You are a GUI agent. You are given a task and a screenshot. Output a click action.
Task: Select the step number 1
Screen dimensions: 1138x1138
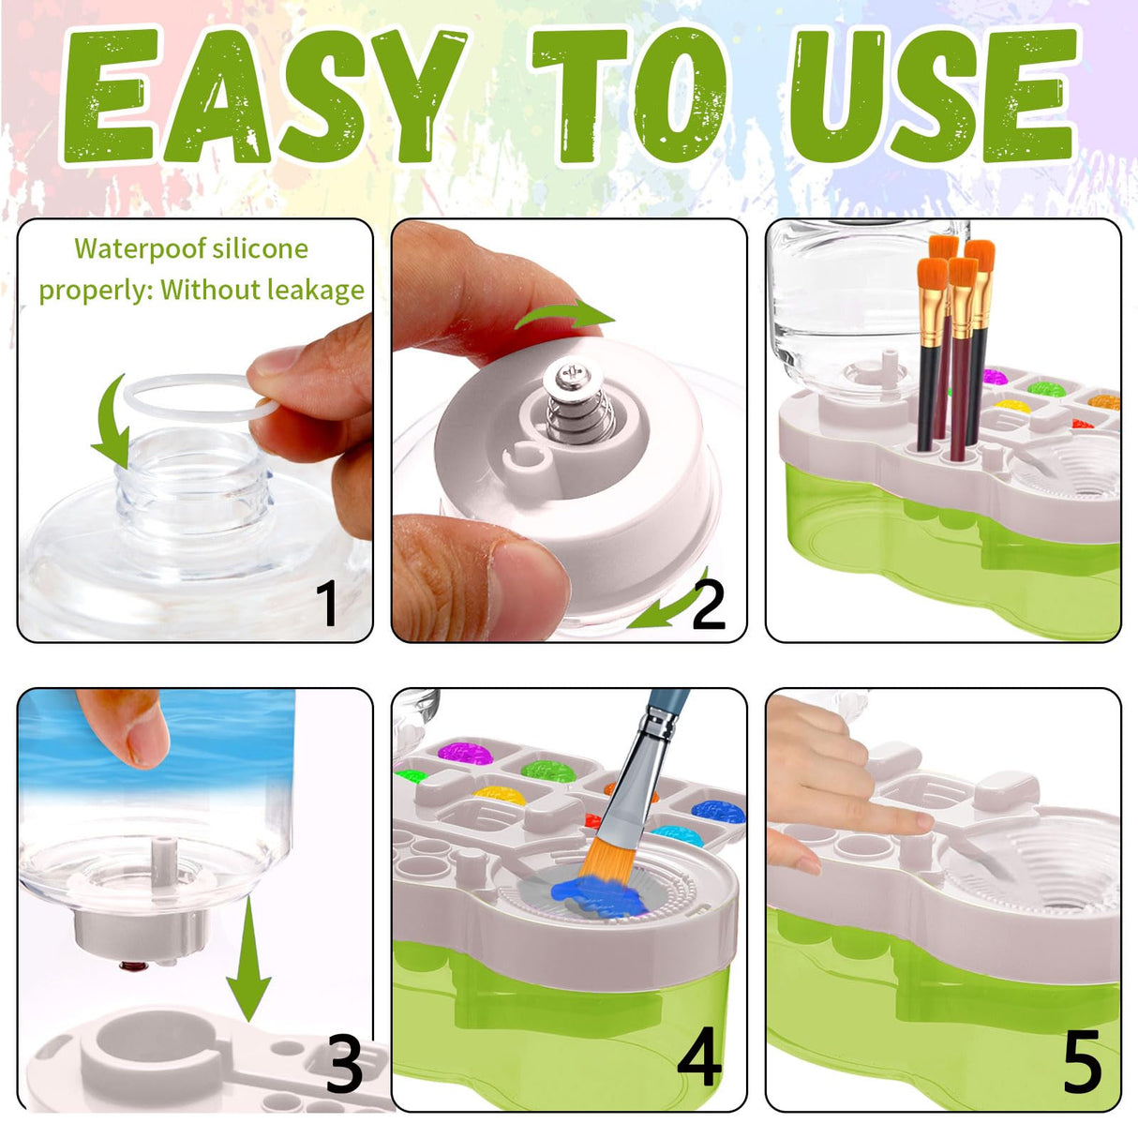[326, 603]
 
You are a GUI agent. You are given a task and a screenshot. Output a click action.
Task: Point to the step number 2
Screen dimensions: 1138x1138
[708, 605]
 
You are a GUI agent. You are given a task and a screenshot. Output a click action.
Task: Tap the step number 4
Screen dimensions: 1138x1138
[699, 1056]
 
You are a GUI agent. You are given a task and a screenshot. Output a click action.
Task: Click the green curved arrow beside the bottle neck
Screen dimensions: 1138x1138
[112, 422]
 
